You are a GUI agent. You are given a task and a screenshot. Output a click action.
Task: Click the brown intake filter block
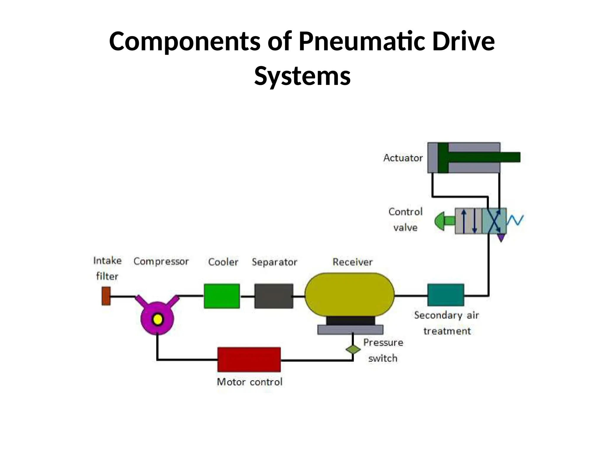coord(106,296)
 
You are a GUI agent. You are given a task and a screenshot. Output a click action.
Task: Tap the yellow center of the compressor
coord(157,320)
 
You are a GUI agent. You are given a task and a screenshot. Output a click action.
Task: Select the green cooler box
coord(222,296)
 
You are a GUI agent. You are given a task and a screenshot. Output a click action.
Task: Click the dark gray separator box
coord(274,296)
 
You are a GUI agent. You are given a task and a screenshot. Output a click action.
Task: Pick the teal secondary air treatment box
coord(445,295)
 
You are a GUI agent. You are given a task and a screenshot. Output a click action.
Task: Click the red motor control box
coord(249,359)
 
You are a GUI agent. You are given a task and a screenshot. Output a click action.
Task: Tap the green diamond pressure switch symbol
coord(353,349)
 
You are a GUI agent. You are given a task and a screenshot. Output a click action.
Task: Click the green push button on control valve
coord(443,221)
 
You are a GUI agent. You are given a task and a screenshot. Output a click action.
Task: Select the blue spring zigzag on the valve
coord(515,220)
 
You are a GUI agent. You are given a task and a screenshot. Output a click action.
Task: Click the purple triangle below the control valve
coord(501,238)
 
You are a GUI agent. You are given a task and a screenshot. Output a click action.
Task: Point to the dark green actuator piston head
coord(443,158)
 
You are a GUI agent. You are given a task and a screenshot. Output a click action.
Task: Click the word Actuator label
coord(403,158)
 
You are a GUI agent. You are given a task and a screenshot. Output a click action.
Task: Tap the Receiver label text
coord(352,262)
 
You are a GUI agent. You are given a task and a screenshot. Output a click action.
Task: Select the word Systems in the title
coord(302,76)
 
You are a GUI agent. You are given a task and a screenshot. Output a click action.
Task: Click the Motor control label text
coord(250,382)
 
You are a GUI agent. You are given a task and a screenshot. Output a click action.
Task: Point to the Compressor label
coord(161,261)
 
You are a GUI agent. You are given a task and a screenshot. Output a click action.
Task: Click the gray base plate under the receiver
coord(350,330)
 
